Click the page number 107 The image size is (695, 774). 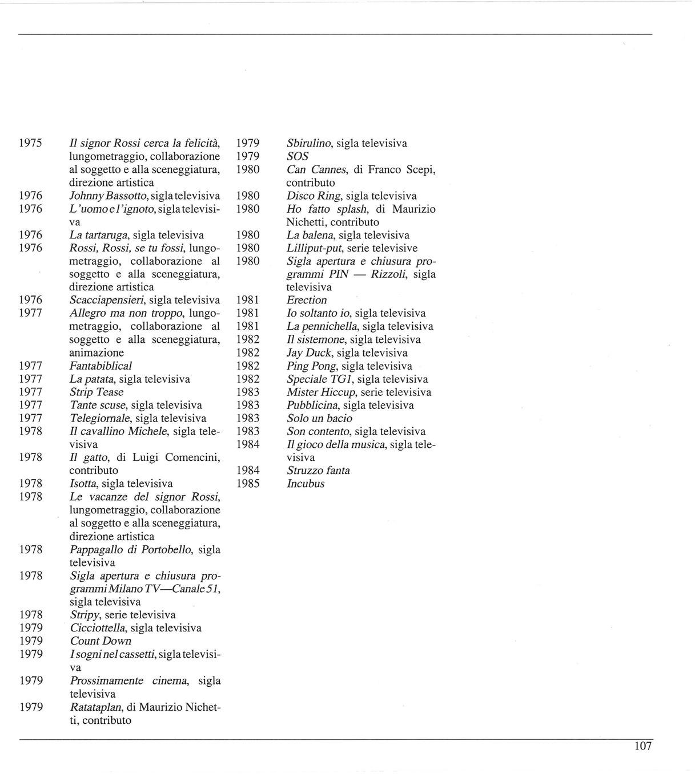(x=642, y=746)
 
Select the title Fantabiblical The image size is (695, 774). (x=101, y=366)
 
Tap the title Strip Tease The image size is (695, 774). (x=97, y=392)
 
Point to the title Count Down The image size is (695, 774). (x=101, y=641)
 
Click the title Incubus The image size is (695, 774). (x=306, y=484)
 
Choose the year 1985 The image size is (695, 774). (x=248, y=484)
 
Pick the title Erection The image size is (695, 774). (x=307, y=300)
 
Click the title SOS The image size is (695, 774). (x=298, y=156)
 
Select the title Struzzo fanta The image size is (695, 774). (x=318, y=471)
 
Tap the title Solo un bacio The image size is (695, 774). (x=319, y=418)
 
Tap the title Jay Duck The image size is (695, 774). (x=309, y=352)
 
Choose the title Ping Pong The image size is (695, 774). (x=311, y=366)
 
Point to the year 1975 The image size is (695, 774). (x=31, y=143)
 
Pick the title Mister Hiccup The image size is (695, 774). (x=321, y=392)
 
